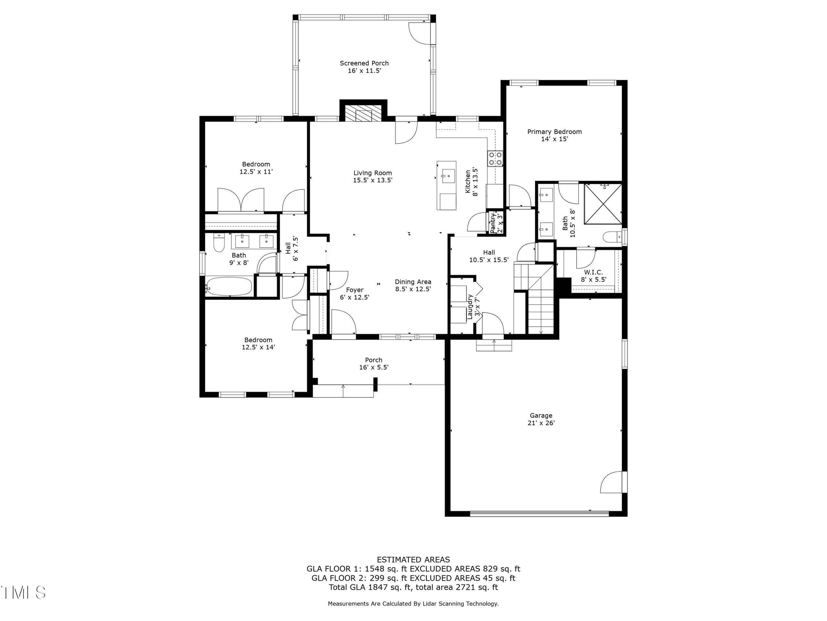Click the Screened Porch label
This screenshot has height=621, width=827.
(364, 63)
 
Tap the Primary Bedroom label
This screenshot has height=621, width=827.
(554, 132)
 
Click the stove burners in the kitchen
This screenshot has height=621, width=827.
(495, 158)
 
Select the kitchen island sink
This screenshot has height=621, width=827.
(448, 176)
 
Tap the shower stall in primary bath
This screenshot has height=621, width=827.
(603, 204)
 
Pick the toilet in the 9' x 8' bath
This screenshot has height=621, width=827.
(218, 243)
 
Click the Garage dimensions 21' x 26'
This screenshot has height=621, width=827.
(541, 423)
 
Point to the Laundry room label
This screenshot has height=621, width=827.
(470, 307)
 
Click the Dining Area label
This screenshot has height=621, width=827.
(413, 282)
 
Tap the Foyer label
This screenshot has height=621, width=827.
(354, 290)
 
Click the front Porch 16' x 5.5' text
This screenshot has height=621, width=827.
(373, 364)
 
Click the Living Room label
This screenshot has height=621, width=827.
(373, 173)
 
